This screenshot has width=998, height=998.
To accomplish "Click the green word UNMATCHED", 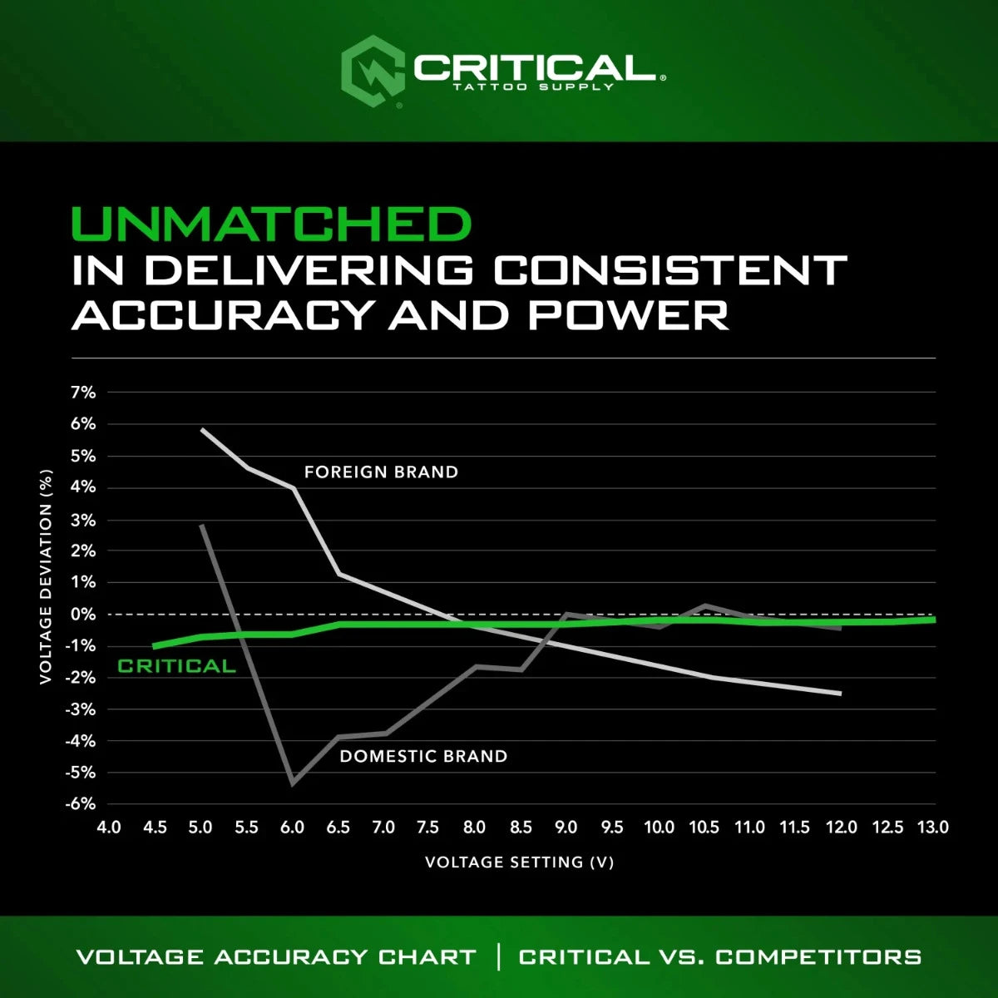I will (x=271, y=225).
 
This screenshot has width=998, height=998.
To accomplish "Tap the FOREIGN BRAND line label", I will (x=381, y=472).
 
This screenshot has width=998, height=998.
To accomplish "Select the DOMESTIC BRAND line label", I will (x=423, y=757).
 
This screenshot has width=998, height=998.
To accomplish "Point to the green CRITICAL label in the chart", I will (x=176, y=666).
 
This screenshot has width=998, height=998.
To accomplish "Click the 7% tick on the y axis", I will (x=83, y=393).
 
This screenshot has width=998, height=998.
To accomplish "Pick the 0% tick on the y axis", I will (x=83, y=615).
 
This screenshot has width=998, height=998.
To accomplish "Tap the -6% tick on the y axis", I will (x=82, y=804).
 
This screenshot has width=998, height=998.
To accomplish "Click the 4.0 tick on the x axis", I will (x=109, y=828).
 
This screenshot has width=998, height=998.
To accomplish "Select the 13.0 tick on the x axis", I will (x=932, y=828).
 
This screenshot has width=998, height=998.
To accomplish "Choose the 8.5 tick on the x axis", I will (x=520, y=828).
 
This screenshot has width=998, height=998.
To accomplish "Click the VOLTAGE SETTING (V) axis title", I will (x=519, y=862).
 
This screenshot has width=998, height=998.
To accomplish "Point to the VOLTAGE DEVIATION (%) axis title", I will (x=47, y=577).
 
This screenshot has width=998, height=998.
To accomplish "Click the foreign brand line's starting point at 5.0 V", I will (x=202, y=429).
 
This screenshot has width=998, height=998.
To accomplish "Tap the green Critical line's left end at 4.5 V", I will (x=154, y=646).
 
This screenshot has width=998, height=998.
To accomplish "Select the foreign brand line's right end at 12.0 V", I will (x=841, y=693).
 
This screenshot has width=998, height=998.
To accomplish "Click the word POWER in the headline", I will (x=628, y=315).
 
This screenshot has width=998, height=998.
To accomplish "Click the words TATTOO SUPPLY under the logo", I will (x=532, y=86).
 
